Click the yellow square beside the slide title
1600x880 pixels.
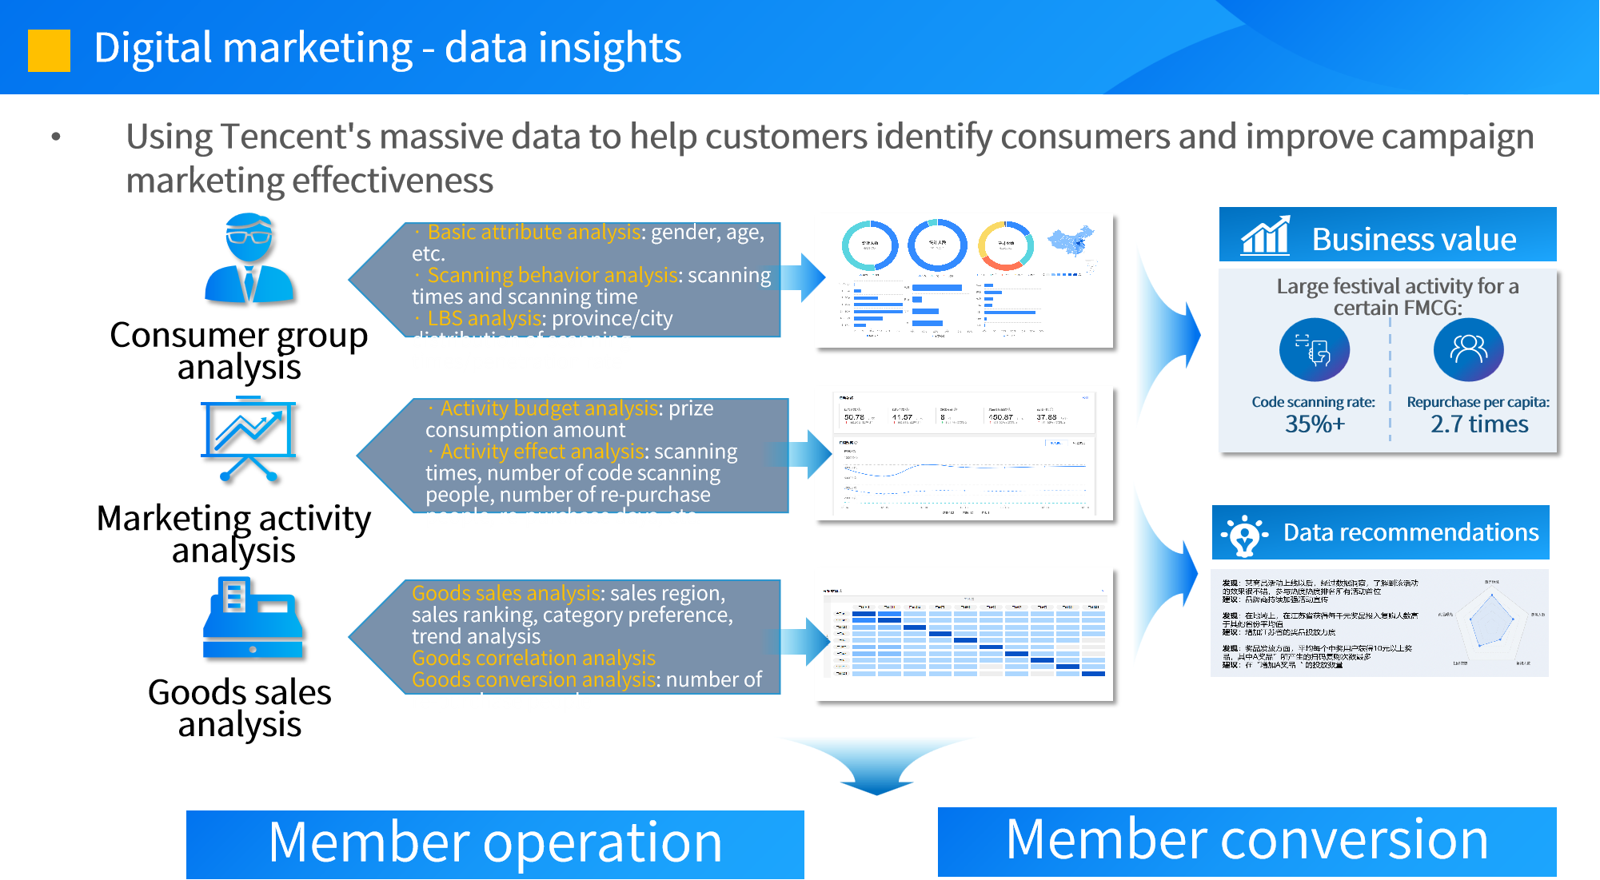[49, 50]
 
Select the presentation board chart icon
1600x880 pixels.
[249, 438]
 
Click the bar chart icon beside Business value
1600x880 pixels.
[1265, 236]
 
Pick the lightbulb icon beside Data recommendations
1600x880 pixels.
[1244, 534]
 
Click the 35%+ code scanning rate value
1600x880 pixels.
[1315, 424]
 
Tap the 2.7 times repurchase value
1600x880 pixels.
[1479, 424]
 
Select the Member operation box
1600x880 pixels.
[495, 843]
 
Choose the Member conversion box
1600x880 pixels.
[1247, 841]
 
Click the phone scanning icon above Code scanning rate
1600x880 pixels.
[1314, 349]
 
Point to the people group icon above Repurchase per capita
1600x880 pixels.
[1468, 349]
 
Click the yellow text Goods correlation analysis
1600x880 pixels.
[533, 658]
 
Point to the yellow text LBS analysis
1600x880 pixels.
[485, 318]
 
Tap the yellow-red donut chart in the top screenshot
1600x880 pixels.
[1006, 246]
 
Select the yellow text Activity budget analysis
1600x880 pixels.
[549, 408]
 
